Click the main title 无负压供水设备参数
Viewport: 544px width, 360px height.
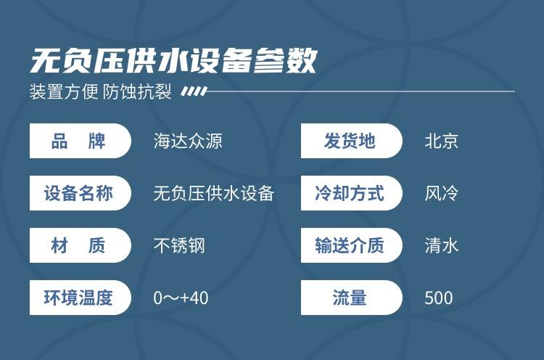[x=173, y=61]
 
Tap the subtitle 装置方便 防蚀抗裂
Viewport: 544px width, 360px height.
[x=101, y=91]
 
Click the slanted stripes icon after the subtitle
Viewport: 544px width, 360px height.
[x=194, y=91]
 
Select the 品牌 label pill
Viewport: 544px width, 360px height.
[x=81, y=141]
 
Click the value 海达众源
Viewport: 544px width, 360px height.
[x=188, y=142]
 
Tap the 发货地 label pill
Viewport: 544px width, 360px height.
[x=352, y=141]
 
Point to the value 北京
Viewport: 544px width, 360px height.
[x=441, y=142]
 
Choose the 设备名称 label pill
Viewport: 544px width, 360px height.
[x=81, y=193]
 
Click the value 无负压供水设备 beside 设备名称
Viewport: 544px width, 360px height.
[x=214, y=193]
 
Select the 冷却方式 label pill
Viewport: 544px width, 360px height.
[x=352, y=193]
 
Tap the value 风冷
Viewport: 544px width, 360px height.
[x=441, y=193]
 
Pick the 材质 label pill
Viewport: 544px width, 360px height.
[x=81, y=245]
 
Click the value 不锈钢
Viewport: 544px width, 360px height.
[x=179, y=246]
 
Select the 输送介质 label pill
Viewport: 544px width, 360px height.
[x=352, y=245]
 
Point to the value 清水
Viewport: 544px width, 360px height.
[x=441, y=246]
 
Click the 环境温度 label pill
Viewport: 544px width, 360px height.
[x=81, y=298]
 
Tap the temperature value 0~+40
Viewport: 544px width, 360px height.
[x=181, y=298]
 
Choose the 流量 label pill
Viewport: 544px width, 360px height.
[x=352, y=298]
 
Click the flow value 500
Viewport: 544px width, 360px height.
[x=439, y=298]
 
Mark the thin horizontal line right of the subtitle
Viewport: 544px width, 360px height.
[x=360, y=91]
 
